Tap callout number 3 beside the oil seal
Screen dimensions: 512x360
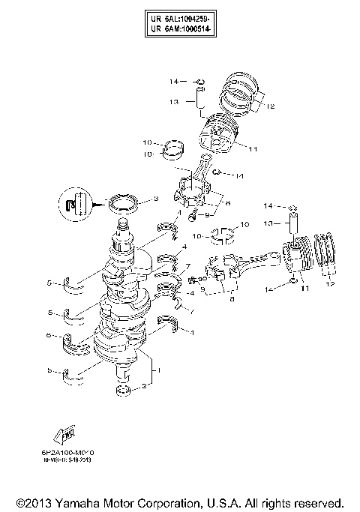(x=155, y=199)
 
